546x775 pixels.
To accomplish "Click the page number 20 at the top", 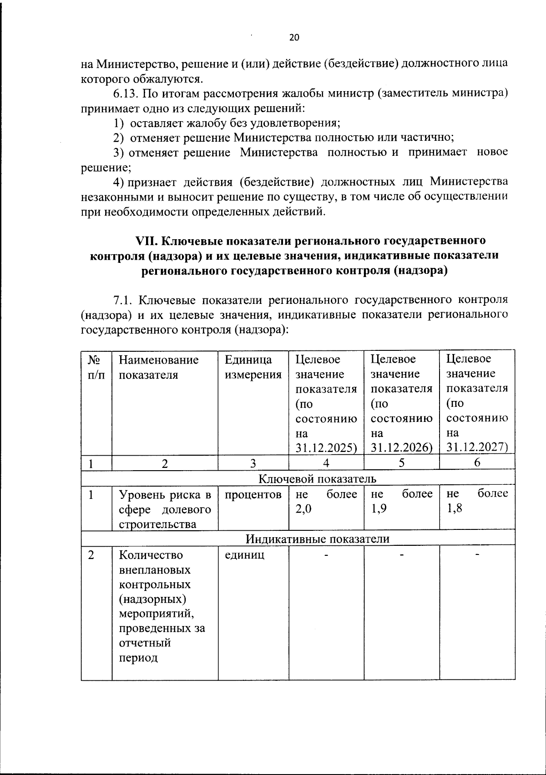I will (x=294, y=38).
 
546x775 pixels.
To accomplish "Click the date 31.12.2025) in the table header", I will (x=325, y=448).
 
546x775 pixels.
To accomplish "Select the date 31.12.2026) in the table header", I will (x=401, y=448).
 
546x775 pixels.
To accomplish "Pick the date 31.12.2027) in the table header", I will (x=476, y=447).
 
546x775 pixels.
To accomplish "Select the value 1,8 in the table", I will (x=454, y=509).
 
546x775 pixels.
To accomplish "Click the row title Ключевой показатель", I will (x=317, y=479).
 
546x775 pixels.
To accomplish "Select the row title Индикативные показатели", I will (x=317, y=539).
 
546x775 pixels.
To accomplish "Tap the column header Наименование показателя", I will (x=158, y=367).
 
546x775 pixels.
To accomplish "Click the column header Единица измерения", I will (x=253, y=367).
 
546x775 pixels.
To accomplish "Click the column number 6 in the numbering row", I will (x=477, y=463).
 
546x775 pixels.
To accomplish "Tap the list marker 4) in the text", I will (x=119, y=182).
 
